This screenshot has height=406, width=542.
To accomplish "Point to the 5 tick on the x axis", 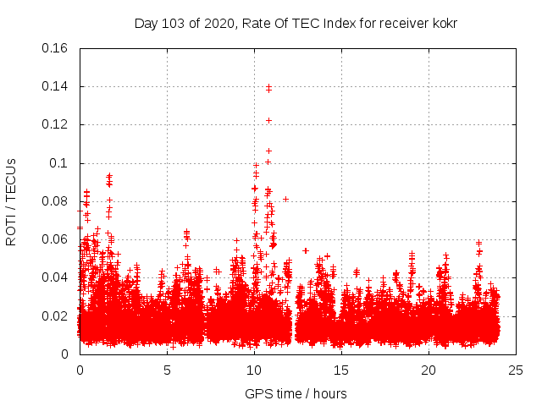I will pos(167,370).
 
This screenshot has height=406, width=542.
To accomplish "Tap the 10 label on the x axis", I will pos(254,370).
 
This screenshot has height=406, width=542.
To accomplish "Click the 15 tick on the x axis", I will pos(341,370).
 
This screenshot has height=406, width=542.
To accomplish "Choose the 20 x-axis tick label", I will pos(429,370).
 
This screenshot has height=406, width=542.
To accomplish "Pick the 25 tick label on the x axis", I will pos(516,370).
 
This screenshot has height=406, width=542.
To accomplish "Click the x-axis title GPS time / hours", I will pos(296,393).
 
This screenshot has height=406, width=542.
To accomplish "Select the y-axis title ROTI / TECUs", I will pos(12,201).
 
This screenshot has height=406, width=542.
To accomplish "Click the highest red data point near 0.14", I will pos(268,86).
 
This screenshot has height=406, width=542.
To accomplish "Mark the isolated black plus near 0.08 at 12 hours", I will pos(286,199).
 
